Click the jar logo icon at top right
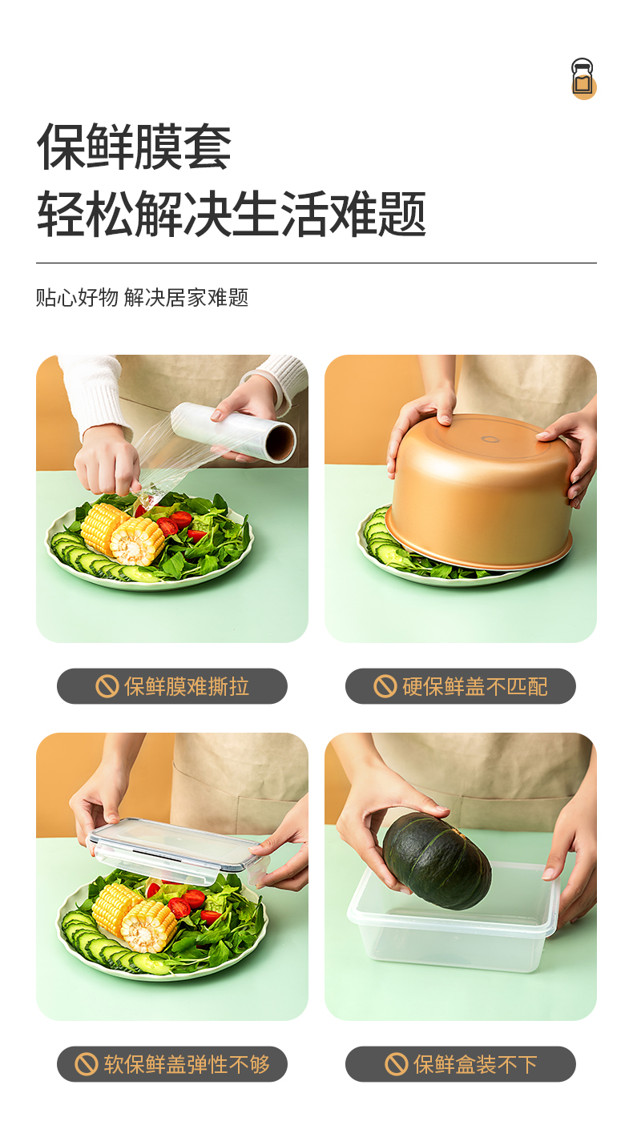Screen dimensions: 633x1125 click(x=583, y=78)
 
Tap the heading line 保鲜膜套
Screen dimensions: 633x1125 click(x=134, y=147)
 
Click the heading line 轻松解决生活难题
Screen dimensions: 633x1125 click(x=232, y=214)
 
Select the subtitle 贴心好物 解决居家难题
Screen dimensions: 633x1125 click(x=142, y=298)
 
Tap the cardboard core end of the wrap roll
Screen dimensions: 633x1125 click(x=280, y=443)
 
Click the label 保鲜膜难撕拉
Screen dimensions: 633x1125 click(x=187, y=686)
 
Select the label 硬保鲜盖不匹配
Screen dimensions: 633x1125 click(x=474, y=686)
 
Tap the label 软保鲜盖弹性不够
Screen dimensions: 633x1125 click(x=187, y=1064)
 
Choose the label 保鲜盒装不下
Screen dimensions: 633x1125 click(x=475, y=1064)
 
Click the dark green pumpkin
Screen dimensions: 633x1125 click(x=437, y=860)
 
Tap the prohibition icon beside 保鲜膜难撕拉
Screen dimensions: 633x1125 click(x=107, y=686)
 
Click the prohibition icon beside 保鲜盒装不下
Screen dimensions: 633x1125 click(x=396, y=1064)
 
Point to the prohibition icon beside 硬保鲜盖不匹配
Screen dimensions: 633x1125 click(x=385, y=686)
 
